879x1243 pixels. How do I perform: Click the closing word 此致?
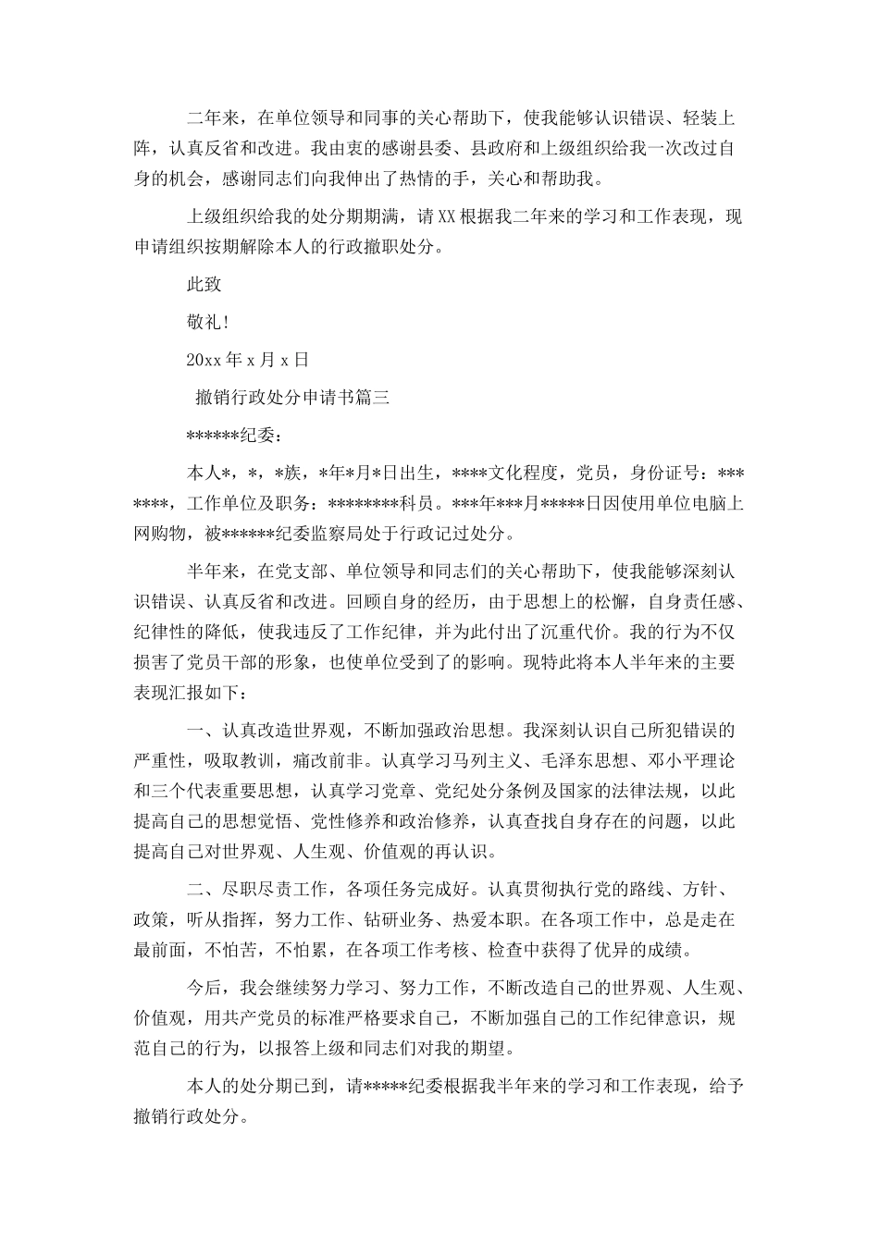(x=204, y=284)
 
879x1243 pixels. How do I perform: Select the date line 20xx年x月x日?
(x=247, y=360)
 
